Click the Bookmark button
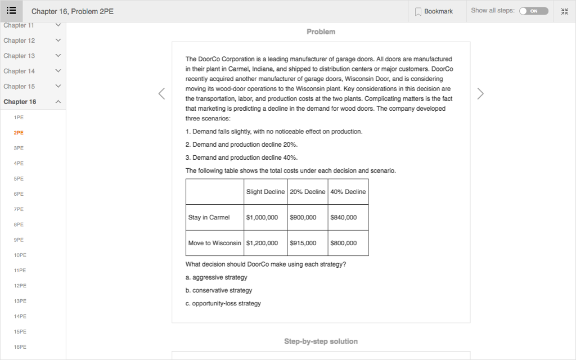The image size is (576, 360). tap(434, 11)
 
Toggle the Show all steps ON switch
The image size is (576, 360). tap(533, 11)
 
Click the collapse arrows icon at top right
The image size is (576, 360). tap(565, 11)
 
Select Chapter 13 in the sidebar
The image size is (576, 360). tap(19, 56)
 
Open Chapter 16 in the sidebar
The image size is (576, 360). tap(20, 102)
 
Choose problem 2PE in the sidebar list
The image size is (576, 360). tap(19, 133)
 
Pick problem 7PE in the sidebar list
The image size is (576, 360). tap(19, 209)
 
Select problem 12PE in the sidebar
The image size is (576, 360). tap(20, 286)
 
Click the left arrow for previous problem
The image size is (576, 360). tap(161, 94)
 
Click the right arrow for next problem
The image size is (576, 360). tap(480, 94)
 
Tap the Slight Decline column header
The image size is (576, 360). tap(265, 192)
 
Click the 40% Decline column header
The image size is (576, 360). tap(348, 192)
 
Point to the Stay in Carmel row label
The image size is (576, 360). tap(209, 218)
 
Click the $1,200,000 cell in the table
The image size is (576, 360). tap(262, 244)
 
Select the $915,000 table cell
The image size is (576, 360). tap(303, 244)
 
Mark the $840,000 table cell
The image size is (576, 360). tap(344, 218)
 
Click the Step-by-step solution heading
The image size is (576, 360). tap(321, 341)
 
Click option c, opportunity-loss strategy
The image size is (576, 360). tap(223, 304)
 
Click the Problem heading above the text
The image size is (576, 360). tap(321, 32)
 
